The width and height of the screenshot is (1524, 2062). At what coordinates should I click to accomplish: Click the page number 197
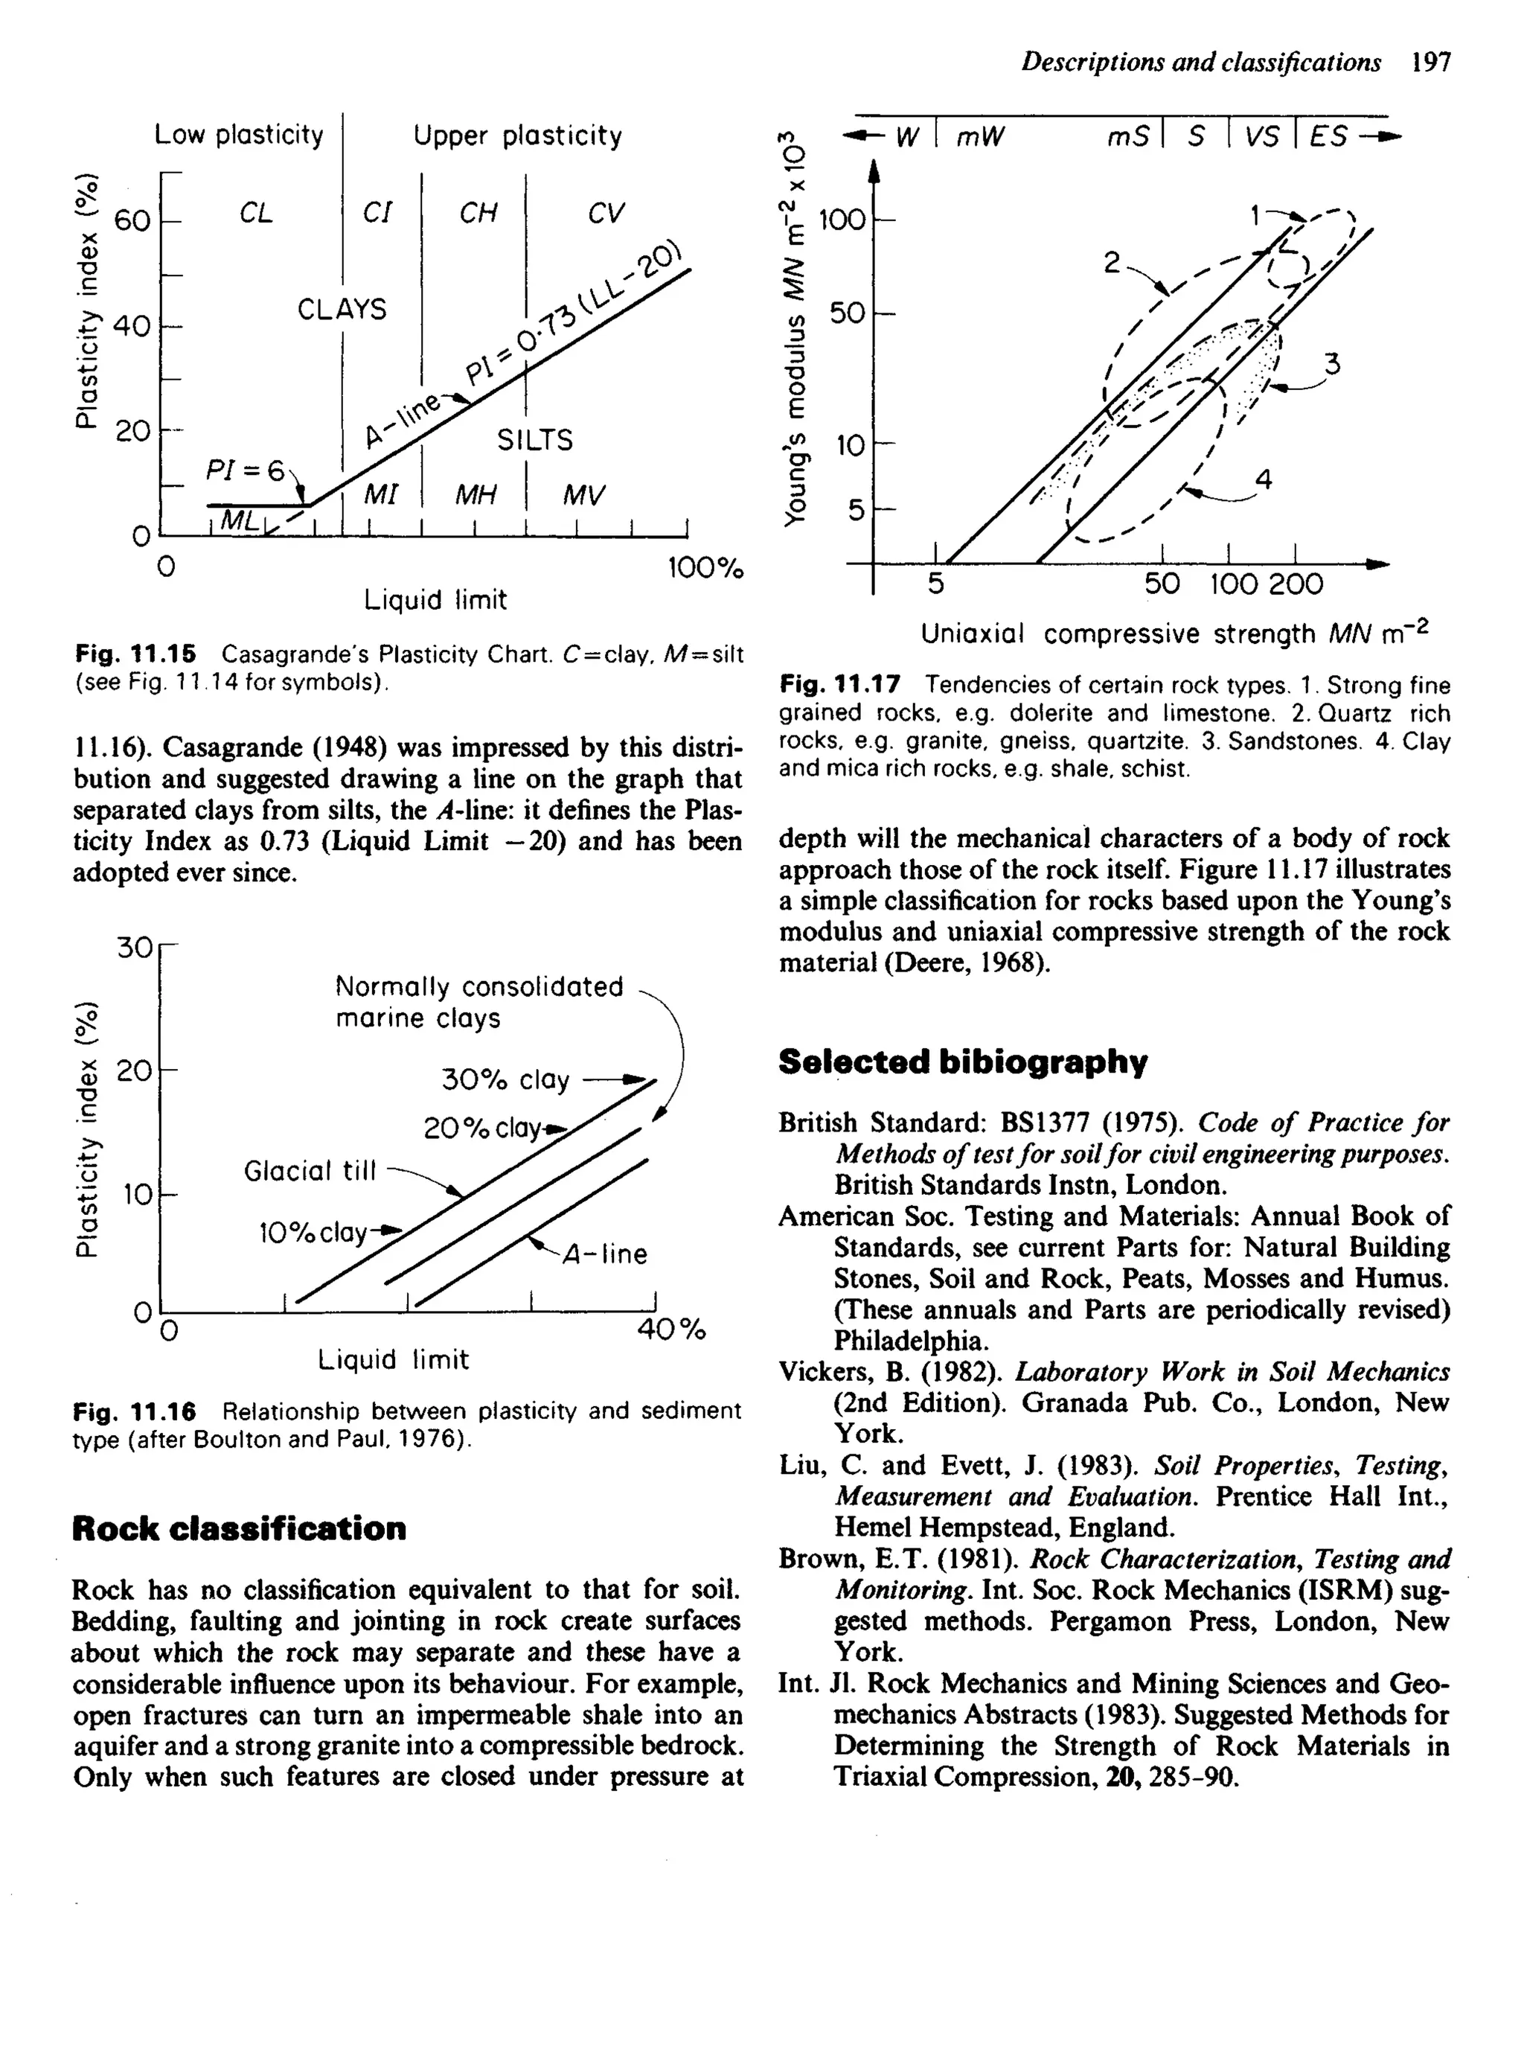(x=1431, y=63)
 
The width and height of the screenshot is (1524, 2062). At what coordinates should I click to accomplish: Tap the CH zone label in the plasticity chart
(x=478, y=214)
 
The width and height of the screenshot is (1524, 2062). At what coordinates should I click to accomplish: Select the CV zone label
(x=605, y=214)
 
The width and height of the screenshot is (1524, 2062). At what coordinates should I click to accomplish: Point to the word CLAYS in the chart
(x=342, y=309)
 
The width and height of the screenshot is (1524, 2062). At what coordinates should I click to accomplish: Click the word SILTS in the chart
(x=534, y=440)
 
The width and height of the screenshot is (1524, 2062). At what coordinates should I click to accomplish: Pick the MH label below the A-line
(x=477, y=496)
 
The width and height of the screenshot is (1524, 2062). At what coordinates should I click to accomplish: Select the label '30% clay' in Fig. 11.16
(x=505, y=1079)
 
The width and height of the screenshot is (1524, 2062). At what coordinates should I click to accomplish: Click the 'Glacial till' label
(x=310, y=1171)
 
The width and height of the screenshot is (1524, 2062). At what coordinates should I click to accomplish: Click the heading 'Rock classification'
(x=239, y=1529)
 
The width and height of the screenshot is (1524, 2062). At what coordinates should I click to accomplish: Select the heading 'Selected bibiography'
(x=962, y=1062)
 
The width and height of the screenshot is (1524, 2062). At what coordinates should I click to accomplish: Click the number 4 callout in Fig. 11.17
(x=1263, y=479)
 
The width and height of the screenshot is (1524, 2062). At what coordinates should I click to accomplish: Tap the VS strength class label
(x=1260, y=138)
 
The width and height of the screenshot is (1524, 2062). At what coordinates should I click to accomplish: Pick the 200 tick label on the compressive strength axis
(x=1296, y=584)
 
